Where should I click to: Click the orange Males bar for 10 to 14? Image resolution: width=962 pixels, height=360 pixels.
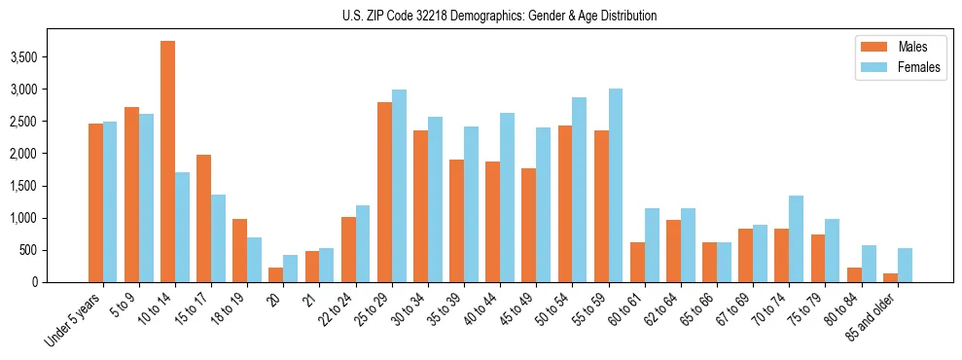point(167,162)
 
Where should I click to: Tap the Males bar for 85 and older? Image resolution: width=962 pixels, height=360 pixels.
point(890,277)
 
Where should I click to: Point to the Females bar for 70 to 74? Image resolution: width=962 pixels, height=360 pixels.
point(795,238)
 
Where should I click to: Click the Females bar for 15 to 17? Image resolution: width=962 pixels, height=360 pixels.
point(219,238)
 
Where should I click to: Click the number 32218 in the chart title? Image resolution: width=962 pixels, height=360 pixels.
point(454,16)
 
